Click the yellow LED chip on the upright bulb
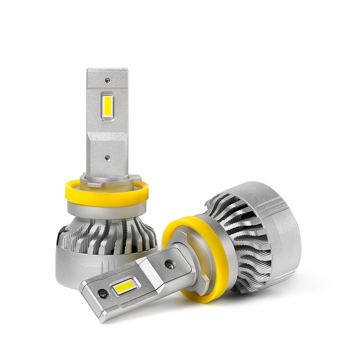coord(107,105)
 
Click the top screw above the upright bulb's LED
coord(107,81)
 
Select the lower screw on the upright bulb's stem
coord(107,160)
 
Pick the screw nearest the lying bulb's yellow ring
coord(169,265)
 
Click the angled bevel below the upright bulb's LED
coord(107,131)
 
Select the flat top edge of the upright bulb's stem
coord(107,70)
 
